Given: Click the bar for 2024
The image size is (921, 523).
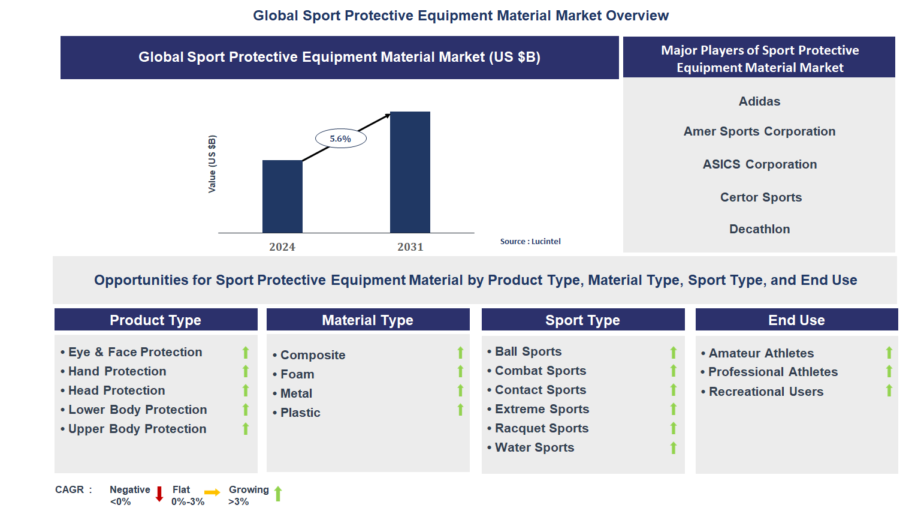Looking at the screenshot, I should [282, 196].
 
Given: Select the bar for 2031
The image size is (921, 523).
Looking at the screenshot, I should [410, 172].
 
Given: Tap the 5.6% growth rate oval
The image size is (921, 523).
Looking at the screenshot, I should [340, 139].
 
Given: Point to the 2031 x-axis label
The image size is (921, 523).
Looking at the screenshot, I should [410, 247].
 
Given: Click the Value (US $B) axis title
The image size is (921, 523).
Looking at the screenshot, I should [212, 164].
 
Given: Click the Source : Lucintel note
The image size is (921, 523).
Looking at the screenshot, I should [530, 242].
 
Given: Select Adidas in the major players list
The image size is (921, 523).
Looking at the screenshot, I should [759, 101].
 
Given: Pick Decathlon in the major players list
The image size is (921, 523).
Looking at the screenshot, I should [759, 229].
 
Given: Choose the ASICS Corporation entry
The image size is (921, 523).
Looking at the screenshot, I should [759, 164].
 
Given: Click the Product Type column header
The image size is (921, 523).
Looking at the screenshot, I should [155, 320].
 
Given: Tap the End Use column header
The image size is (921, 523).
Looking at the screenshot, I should [796, 320].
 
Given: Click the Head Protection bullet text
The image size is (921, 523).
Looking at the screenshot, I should [116, 390].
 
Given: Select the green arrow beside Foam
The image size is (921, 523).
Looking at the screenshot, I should [460, 372].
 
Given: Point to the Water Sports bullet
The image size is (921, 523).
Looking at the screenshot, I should [534, 447].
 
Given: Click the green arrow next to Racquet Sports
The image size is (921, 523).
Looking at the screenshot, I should [674, 428].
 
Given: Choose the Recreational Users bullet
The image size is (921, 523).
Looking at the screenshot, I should [766, 392].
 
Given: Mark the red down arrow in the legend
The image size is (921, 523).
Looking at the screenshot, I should [159, 494].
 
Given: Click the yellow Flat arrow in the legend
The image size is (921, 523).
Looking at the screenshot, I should [212, 492].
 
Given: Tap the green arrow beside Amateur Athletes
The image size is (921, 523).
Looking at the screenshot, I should [889, 353].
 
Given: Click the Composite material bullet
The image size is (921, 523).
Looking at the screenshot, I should [312, 355].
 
